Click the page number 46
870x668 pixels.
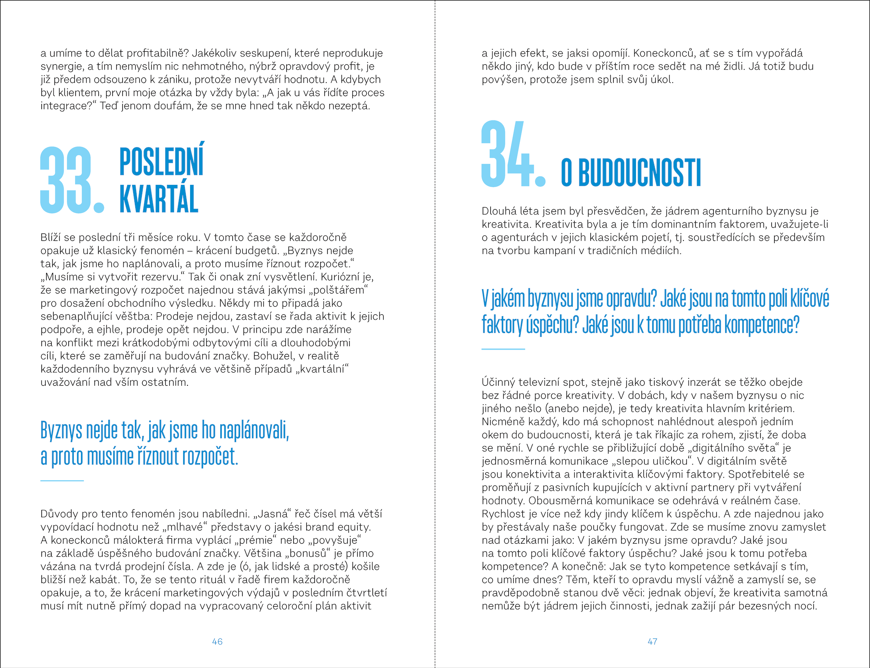(x=217, y=641)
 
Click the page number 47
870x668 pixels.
(x=652, y=641)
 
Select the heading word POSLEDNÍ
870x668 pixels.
(x=161, y=161)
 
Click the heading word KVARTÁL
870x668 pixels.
(x=159, y=199)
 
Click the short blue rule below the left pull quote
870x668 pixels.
(x=62, y=481)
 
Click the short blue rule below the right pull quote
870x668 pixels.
(x=503, y=349)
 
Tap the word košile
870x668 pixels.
(x=365, y=566)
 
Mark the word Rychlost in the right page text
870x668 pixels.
(x=502, y=514)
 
